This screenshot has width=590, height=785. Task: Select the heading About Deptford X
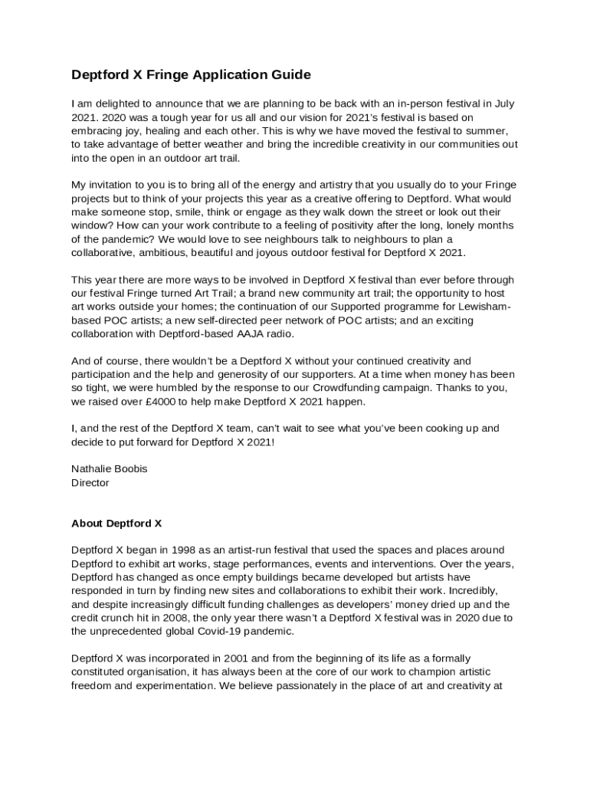pos(116,524)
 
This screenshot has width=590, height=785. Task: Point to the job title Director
pos(90,483)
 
